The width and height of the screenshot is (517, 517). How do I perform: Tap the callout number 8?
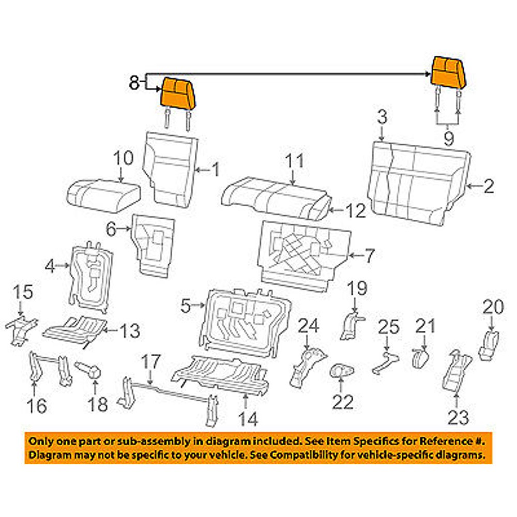pos(133,83)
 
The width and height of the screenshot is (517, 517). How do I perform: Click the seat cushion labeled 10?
pos(103,195)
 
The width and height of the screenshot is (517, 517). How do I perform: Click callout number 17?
pos(151,361)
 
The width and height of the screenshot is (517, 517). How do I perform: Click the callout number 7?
pos(369,255)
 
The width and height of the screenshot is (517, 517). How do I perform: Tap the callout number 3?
pos(382,117)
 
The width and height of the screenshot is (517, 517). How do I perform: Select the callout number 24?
pos(309,327)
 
